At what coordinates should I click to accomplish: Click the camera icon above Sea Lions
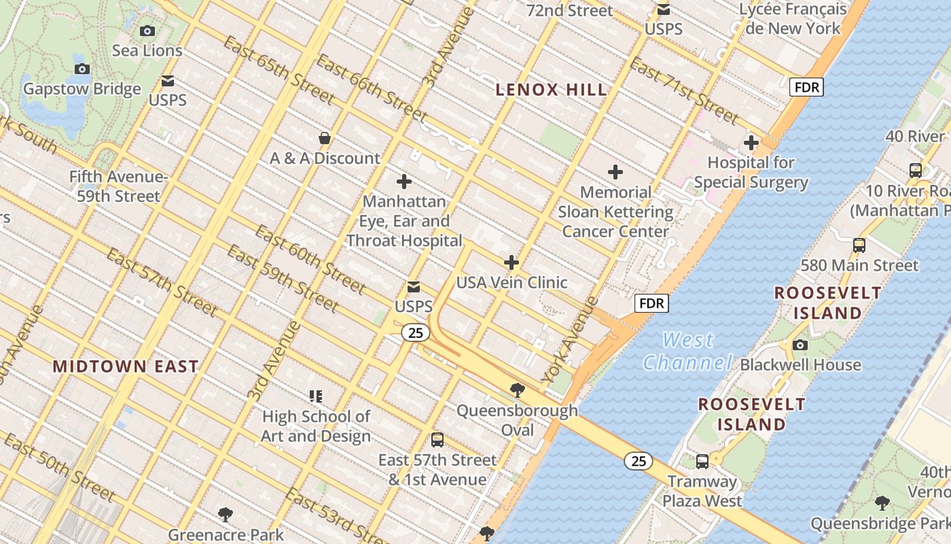click(x=147, y=31)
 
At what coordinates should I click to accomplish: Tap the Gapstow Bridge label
click(x=82, y=89)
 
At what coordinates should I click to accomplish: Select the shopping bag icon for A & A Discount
click(x=325, y=138)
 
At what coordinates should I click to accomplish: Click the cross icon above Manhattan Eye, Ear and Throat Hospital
click(x=404, y=182)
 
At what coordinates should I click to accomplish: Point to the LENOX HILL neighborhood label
click(x=551, y=89)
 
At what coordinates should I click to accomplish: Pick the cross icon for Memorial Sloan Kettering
click(x=615, y=172)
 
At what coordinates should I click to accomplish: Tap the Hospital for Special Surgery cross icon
click(x=751, y=143)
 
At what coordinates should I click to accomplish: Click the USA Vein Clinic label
click(x=512, y=282)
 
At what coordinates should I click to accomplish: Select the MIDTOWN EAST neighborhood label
click(x=126, y=367)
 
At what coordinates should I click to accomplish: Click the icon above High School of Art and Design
click(x=316, y=396)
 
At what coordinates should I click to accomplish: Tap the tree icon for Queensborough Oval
click(x=517, y=390)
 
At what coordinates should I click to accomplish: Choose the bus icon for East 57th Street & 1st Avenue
click(x=437, y=440)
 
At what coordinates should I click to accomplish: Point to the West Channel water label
click(x=687, y=351)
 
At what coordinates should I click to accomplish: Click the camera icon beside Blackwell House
click(x=800, y=345)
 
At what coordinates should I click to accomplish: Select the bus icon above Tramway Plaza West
click(x=702, y=462)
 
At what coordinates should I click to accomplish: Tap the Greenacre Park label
click(x=226, y=534)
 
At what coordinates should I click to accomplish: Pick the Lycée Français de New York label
click(x=793, y=18)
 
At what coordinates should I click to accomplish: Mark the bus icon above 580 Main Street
click(x=859, y=245)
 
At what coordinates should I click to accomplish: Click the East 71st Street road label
click(x=683, y=91)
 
